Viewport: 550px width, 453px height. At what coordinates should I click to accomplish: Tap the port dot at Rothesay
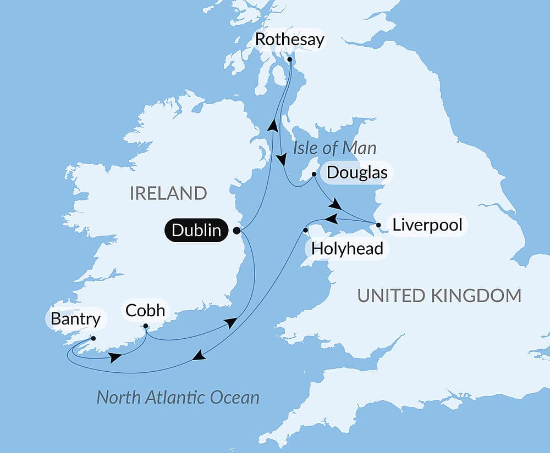click(290, 60)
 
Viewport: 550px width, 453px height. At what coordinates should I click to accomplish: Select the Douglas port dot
click(313, 175)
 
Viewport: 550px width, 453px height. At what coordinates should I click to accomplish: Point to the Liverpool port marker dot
click(378, 225)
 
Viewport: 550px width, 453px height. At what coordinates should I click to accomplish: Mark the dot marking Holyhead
click(306, 230)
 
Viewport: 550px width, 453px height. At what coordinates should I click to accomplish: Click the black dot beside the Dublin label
click(237, 230)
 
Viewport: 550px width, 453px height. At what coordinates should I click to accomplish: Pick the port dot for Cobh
click(146, 327)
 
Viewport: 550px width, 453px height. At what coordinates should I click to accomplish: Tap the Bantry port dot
click(94, 338)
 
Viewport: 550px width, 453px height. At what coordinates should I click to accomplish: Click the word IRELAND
click(168, 193)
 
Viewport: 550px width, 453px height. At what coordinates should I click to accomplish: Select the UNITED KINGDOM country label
click(439, 295)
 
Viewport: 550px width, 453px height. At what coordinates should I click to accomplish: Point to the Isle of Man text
click(334, 148)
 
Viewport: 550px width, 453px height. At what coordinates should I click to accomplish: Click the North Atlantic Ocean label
click(178, 397)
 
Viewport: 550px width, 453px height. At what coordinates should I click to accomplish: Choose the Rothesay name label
click(289, 40)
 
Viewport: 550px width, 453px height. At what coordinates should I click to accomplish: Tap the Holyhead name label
click(347, 249)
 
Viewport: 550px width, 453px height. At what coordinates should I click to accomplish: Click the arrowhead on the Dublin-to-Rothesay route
click(272, 125)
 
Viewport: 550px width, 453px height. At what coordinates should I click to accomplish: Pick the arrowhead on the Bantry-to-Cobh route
click(115, 357)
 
